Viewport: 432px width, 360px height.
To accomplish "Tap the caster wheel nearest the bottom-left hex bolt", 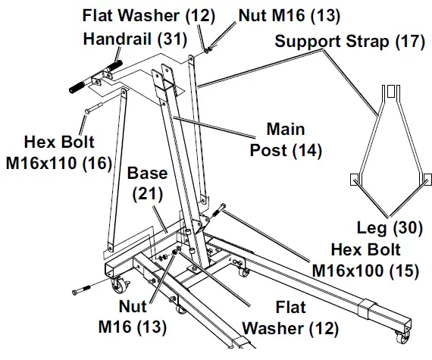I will (x=120, y=286).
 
